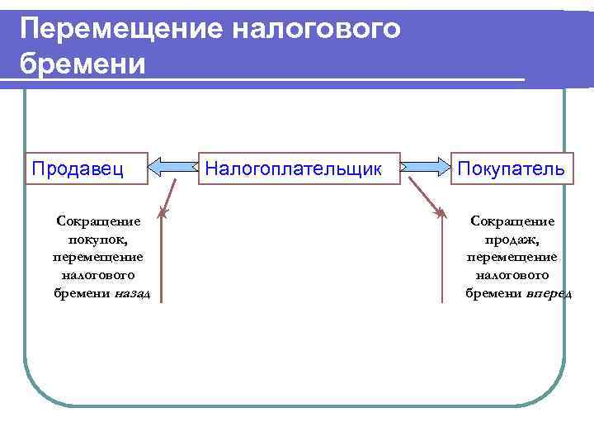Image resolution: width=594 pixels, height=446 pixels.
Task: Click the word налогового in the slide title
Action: point(317,29)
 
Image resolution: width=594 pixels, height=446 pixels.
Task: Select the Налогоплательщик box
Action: point(293,168)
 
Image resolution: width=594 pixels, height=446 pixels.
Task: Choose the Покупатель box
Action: point(511,168)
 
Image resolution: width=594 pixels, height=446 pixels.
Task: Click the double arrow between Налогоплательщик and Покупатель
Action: point(426,168)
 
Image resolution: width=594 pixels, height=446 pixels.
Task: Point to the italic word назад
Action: point(132,294)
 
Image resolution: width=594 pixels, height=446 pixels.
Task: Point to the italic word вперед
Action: point(549,294)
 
